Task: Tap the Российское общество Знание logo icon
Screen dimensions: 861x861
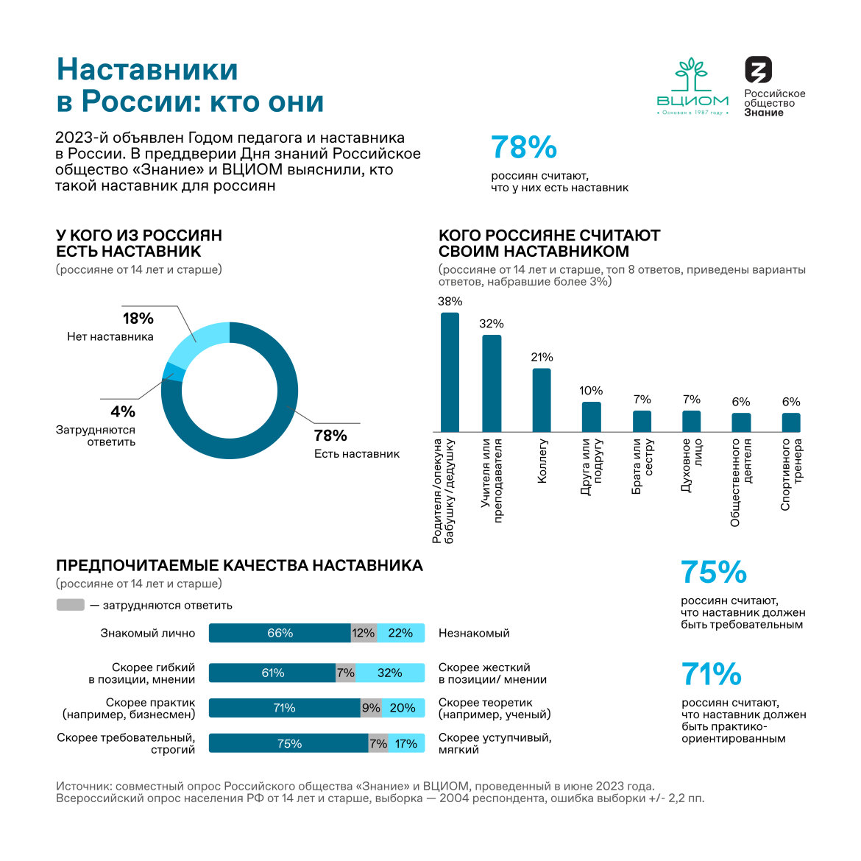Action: pos(758,70)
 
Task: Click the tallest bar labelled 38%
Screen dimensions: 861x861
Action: pos(450,372)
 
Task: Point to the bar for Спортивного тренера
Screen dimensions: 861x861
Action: pos(791,422)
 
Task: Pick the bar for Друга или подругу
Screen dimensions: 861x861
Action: pos(591,417)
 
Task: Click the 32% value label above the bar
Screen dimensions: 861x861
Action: pos(492,324)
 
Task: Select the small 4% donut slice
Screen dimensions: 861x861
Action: pos(170,371)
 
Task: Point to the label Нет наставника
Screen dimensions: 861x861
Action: pos(110,337)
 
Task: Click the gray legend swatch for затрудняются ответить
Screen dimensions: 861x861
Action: pos(71,605)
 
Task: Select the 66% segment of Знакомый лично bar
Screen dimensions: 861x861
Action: pos(280,633)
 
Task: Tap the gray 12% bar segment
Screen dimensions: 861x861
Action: pos(364,633)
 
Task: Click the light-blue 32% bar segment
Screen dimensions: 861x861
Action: pos(390,673)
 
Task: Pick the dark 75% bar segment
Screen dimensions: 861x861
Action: pos(288,743)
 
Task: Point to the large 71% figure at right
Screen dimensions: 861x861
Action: pos(712,674)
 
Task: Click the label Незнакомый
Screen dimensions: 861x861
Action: pos(474,633)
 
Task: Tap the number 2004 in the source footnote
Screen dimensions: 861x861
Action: pos(456,798)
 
